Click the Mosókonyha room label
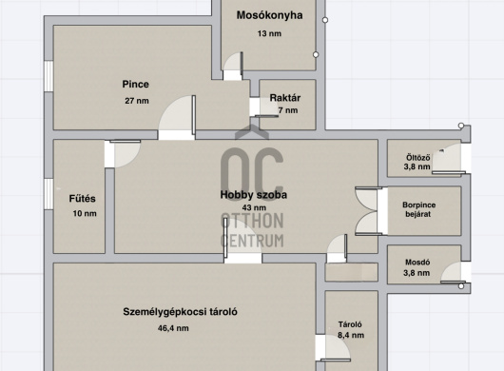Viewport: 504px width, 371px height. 269,15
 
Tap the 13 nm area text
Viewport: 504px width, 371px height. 269,33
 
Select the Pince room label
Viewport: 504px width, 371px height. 136,85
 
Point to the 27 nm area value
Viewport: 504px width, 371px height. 137,101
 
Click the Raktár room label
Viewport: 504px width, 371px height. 285,98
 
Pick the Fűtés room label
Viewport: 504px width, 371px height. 83,199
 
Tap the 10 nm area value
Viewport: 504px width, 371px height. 85,213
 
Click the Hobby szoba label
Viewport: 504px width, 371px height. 254,195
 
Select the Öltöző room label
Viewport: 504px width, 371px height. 417,158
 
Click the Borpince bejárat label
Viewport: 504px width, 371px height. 418,209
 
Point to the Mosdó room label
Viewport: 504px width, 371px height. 417,263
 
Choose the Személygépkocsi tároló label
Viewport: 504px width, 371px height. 180,312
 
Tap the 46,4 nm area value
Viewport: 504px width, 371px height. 173,328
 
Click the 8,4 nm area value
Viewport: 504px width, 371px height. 351,335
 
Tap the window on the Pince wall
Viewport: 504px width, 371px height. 48,76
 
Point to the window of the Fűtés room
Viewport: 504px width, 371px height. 48,194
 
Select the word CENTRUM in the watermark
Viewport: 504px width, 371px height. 252,241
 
